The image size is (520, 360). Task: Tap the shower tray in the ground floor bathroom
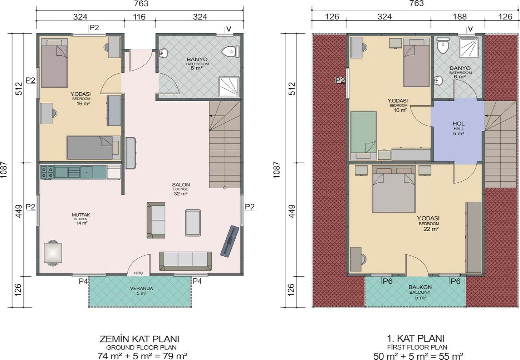[x=229, y=87]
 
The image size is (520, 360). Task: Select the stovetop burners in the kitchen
[x=47, y=172]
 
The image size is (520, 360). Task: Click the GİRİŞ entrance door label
[x=139, y=273]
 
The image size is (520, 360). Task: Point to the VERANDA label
[x=141, y=288]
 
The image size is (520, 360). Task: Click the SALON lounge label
[x=181, y=184]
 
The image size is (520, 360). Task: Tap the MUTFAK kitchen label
[x=81, y=215]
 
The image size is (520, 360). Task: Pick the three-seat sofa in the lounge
[x=185, y=261]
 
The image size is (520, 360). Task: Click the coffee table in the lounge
[x=193, y=223]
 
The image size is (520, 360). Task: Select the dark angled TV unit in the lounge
[x=230, y=241]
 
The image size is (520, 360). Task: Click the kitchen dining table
[x=53, y=252]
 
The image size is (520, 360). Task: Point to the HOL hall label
[x=459, y=124]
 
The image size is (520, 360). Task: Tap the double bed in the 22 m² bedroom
[x=394, y=189]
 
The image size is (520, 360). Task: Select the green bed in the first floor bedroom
[x=363, y=135]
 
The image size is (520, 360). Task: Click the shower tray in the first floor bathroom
[x=469, y=48]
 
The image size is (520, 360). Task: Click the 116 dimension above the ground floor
[x=139, y=17]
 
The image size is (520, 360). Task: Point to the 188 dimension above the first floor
[x=460, y=17]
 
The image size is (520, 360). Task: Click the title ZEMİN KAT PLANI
[x=139, y=339]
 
